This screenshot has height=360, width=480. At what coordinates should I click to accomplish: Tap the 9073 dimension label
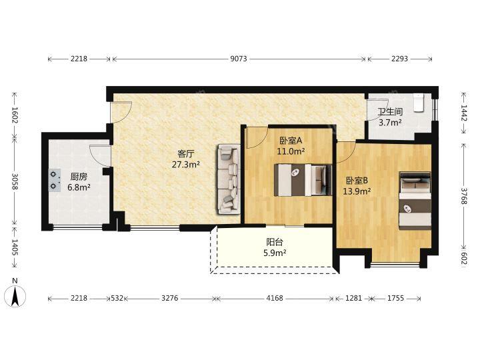point(239,59)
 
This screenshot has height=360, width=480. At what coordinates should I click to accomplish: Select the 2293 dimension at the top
point(399,59)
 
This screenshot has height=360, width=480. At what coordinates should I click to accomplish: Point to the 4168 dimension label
point(275,298)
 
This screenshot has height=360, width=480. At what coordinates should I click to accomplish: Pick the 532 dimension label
point(117,298)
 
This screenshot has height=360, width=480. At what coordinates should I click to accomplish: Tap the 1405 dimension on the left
point(15,247)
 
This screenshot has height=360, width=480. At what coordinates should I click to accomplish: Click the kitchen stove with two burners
point(54,180)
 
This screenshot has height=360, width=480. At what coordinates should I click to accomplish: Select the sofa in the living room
point(229,179)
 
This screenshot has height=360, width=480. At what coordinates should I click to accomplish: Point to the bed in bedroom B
point(415,201)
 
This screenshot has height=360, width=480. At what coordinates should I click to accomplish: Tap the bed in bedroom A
point(303,180)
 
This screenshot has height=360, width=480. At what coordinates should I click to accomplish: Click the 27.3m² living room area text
point(186,165)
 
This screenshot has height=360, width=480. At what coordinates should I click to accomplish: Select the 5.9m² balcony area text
point(275,253)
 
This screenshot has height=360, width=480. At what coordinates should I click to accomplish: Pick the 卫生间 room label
point(390,112)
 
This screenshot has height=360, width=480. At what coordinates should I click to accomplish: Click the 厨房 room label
point(79,177)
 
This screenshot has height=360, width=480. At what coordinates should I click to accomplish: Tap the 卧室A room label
point(291,141)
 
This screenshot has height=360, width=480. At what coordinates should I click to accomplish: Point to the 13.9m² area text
point(357,191)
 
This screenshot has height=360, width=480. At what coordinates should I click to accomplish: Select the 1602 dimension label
point(15,115)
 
